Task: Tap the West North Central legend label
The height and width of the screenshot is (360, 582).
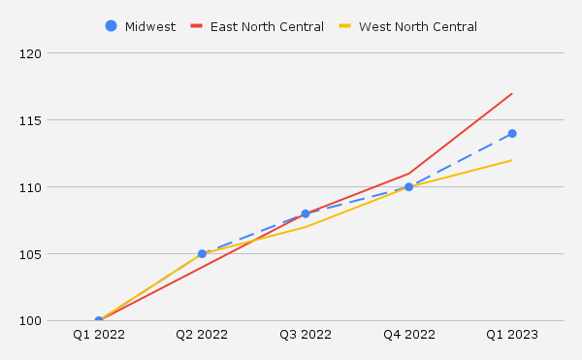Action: point(417,26)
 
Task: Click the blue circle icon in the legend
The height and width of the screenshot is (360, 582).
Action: point(111,26)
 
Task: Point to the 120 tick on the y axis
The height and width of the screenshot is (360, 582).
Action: point(33,53)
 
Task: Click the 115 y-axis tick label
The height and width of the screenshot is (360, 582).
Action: point(33,120)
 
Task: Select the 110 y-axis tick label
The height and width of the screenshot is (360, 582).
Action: point(33,187)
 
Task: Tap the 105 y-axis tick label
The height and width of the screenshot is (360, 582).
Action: point(33,254)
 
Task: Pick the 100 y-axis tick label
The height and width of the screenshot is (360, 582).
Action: point(33,321)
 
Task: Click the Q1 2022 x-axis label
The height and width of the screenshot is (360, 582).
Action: point(99,335)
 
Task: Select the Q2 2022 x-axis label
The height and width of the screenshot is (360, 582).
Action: point(202,335)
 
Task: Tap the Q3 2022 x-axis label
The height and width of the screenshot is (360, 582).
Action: point(306,335)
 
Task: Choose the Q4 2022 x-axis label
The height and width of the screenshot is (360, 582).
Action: point(408,335)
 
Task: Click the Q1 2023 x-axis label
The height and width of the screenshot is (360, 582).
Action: point(512,335)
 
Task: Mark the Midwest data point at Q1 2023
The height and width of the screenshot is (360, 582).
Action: point(512,134)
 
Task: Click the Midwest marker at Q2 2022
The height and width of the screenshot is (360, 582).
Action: point(202,254)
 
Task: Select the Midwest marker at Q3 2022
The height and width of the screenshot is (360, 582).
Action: point(306,213)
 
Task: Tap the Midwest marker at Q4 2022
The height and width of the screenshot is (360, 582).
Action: point(408,187)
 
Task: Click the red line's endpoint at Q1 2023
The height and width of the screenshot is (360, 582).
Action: point(512,93)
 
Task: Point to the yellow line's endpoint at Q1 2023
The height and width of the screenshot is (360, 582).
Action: point(512,160)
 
